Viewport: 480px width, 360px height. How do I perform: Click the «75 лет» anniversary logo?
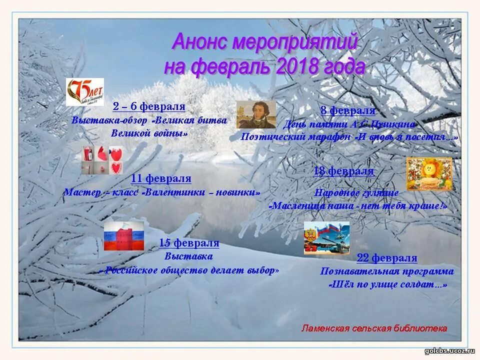85,92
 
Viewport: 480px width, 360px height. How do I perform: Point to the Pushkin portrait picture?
256,114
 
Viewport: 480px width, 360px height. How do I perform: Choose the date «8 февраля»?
347,110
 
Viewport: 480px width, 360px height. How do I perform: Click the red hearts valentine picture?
102,159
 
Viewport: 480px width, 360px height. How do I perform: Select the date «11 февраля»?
161,178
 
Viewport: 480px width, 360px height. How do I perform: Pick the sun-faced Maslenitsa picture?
428,173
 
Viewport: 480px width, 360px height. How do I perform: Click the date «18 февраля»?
343,171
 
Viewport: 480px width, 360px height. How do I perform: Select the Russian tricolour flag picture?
123,236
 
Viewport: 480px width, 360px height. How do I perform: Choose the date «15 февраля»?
189,243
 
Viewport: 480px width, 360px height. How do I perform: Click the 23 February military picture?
326,238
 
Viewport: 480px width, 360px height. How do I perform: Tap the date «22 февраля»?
386,258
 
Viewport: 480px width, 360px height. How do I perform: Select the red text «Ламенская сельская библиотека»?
374,328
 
